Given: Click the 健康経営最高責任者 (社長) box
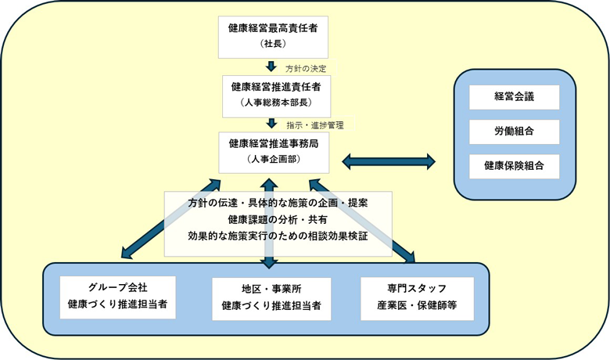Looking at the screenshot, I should click(x=273, y=34).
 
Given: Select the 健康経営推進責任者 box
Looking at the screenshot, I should click(x=273, y=93).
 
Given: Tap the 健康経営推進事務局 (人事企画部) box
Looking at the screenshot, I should click(x=273, y=151).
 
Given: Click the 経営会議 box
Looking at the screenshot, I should click(x=514, y=97).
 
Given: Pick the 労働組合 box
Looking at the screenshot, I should click(x=514, y=131).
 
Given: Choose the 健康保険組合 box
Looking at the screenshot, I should click(x=514, y=166).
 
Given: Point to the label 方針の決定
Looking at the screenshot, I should click(x=305, y=68).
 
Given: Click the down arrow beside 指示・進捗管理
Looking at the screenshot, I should click(x=271, y=123).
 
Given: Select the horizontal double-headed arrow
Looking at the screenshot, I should click(x=391, y=162).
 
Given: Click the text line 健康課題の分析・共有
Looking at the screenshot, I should click(x=278, y=219).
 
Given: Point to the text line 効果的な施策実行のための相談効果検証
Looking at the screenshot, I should click(x=278, y=236).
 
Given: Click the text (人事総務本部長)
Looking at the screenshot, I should click(x=273, y=103).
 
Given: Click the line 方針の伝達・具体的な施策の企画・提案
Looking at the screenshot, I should click(x=278, y=203).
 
